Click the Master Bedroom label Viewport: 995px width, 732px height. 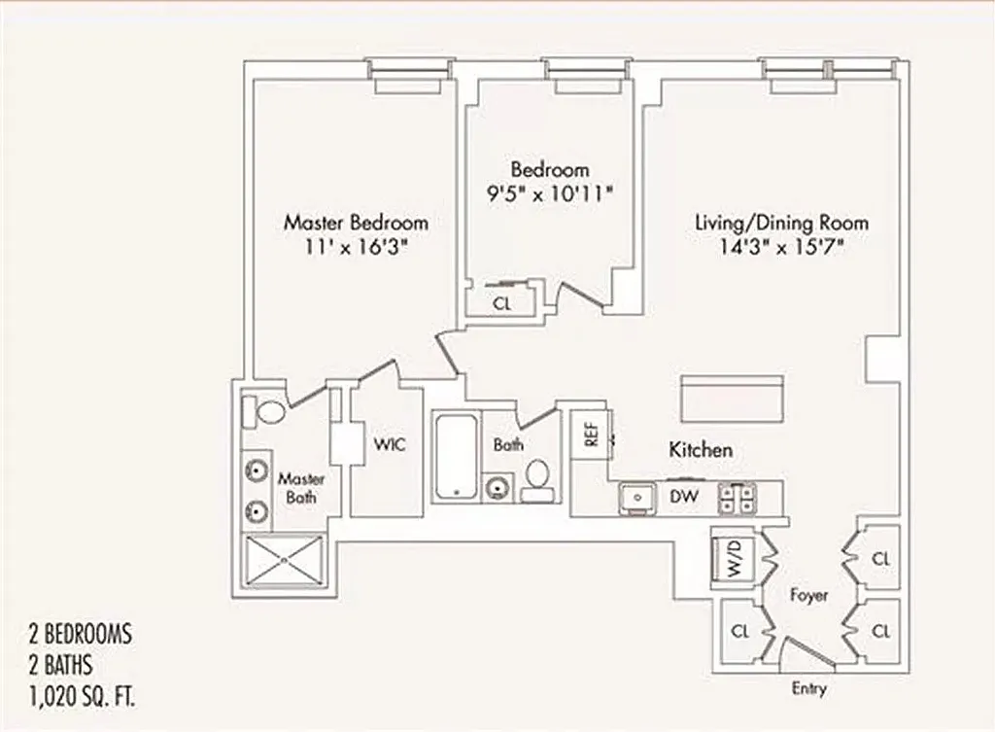(356, 222)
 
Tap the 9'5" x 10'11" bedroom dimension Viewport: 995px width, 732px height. (550, 192)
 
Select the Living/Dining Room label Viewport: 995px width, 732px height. (781, 222)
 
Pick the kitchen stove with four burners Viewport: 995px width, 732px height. (736, 498)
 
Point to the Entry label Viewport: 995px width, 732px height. (808, 688)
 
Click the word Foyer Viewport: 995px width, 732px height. (808, 595)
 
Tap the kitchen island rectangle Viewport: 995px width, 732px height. (736, 398)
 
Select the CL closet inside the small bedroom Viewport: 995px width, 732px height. (501, 302)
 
